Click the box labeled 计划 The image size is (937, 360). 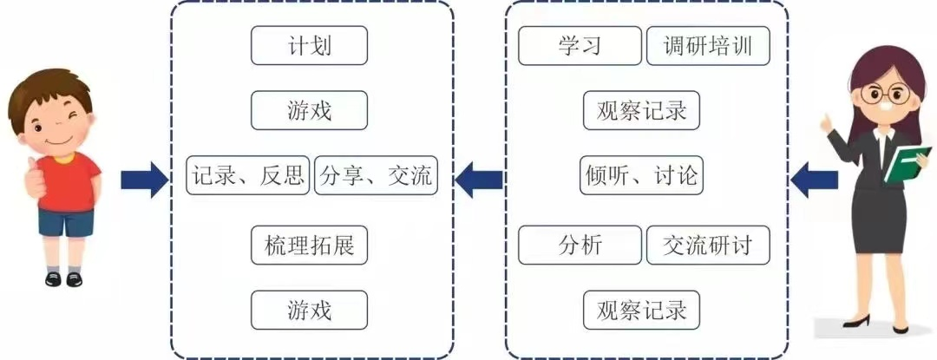point(309,46)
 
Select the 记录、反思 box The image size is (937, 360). point(248,177)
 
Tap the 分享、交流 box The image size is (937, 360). point(375,177)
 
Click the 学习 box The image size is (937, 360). point(580,46)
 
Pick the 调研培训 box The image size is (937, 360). point(708,46)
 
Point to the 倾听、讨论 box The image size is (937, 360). point(641,177)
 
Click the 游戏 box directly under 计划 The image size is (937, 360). point(309,111)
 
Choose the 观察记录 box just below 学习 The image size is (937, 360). point(641,111)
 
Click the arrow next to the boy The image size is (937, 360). point(144,179)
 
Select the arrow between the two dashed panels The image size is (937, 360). point(479,179)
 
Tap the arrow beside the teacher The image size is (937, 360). point(813,179)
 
